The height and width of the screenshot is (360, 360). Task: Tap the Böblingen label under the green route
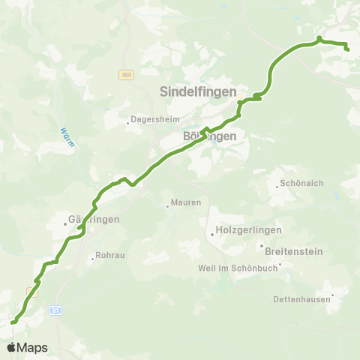click(x=210, y=136)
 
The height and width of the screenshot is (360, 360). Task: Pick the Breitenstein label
click(x=292, y=250)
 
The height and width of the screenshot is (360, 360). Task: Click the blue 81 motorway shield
click(x=56, y=310)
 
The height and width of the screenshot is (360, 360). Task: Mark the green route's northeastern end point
click(x=347, y=49)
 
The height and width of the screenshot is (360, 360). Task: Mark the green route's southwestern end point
click(x=13, y=322)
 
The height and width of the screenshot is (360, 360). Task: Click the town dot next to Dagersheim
click(x=127, y=118)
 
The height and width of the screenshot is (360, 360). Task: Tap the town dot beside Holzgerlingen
click(x=212, y=234)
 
